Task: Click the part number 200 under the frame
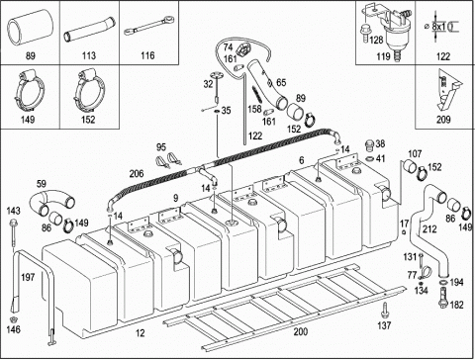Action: click(300, 331)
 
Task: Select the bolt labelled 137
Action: click(384, 311)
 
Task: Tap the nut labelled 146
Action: click(13, 319)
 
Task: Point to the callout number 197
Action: click(28, 277)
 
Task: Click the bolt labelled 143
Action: click(13, 233)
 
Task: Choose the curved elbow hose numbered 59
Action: click(51, 202)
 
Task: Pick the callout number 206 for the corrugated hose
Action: click(137, 173)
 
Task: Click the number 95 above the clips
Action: click(161, 147)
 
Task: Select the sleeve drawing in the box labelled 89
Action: click(31, 27)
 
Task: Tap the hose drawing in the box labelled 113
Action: click(89, 31)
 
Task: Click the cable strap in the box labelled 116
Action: click(148, 27)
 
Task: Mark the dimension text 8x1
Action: click(438, 27)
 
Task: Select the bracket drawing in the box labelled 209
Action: click(446, 91)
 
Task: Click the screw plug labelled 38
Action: click(370, 145)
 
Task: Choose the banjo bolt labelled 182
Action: click(443, 298)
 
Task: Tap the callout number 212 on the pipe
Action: click(429, 228)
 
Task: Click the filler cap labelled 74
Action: click(242, 50)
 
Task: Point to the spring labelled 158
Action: click(258, 95)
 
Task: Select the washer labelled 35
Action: click(217, 111)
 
